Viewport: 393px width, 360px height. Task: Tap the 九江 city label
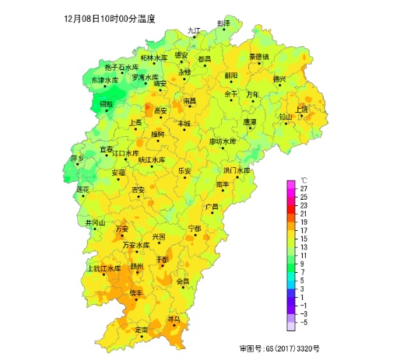(x=194, y=30)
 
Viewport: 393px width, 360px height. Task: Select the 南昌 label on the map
(x=190, y=101)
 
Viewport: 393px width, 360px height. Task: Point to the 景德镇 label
(x=258, y=56)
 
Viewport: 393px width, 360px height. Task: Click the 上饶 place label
(x=302, y=109)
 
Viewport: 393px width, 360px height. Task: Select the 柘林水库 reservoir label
(x=153, y=58)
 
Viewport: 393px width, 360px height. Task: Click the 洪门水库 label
(x=237, y=170)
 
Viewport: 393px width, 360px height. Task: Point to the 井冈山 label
(x=95, y=222)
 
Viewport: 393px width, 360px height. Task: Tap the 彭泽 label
(x=224, y=23)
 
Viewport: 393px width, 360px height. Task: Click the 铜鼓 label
(x=106, y=103)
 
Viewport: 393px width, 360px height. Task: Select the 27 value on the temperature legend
(x=304, y=189)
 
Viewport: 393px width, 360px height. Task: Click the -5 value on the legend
(x=304, y=321)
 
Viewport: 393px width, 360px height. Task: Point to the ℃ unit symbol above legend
(x=304, y=180)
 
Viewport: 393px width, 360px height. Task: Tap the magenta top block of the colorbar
(x=291, y=185)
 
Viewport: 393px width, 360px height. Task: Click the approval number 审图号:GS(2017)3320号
(x=279, y=349)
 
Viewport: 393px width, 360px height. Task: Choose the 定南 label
(x=141, y=330)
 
